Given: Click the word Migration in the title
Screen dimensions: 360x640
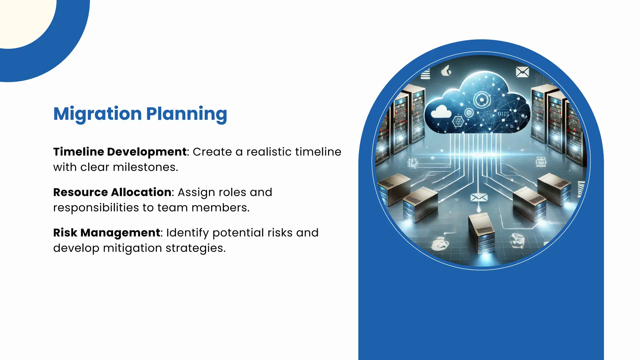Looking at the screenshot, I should point(97,114).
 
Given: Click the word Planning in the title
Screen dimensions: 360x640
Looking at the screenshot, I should point(187,114).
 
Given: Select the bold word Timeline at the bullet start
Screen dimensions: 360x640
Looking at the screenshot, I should point(78,152).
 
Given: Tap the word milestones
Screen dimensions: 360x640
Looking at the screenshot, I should point(145,167).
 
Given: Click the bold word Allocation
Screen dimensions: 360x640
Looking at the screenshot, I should point(141,192).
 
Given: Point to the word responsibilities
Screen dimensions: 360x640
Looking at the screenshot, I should point(96,208).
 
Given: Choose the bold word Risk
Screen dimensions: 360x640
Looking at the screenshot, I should point(65,233).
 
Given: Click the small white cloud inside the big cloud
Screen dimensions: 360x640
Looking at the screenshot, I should point(441,112).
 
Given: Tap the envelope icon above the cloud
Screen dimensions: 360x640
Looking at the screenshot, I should point(522,72).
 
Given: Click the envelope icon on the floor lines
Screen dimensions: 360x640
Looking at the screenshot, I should point(479,197).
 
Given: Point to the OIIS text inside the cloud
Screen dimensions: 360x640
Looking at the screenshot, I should point(503,114).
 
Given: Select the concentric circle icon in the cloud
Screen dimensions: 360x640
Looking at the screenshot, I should point(481,100).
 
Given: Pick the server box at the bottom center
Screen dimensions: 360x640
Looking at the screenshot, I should point(482,233).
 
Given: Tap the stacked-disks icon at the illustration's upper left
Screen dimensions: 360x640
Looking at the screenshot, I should point(425,75).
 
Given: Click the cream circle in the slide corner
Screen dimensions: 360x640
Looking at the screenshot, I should point(22,19).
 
